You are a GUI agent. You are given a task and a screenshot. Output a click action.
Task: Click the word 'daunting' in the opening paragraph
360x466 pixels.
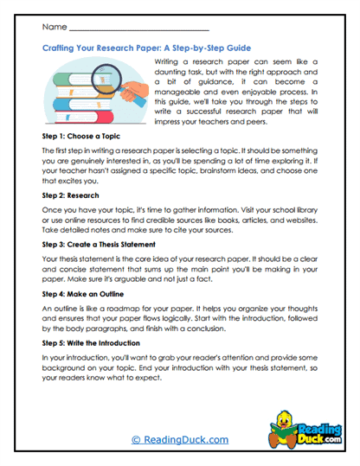pyautogui.click(x=172, y=75)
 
